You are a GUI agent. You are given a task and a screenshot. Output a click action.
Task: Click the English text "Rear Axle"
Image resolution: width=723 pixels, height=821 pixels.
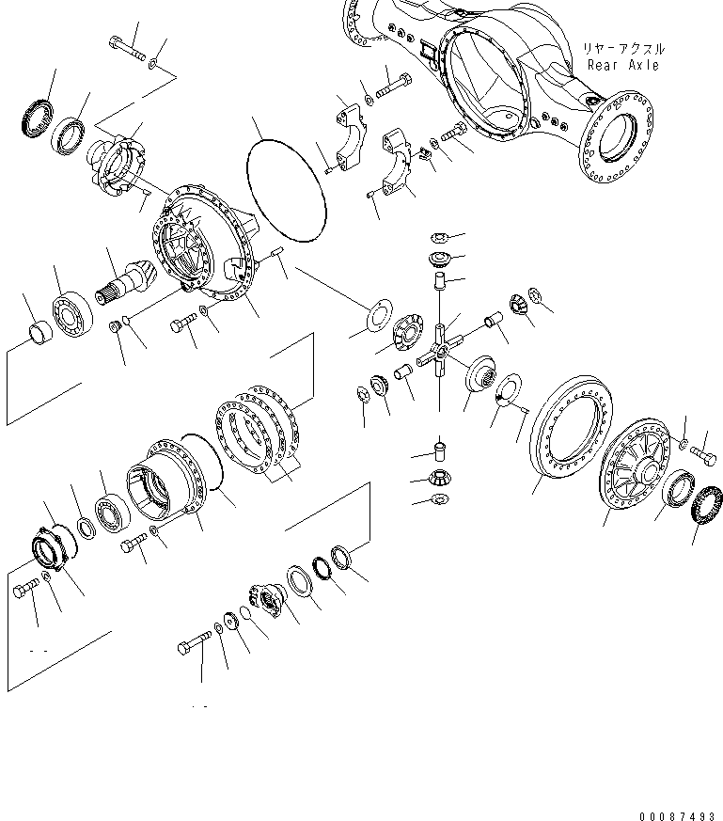pyautogui.click(x=622, y=65)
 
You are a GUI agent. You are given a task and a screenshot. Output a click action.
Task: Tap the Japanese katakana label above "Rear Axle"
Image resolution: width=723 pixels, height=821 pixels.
pyautogui.click(x=622, y=48)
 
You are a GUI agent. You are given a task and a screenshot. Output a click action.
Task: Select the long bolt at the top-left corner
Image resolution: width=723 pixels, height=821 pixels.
pyautogui.click(x=127, y=48)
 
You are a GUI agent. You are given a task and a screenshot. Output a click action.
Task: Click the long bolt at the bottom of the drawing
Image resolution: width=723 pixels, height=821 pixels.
pyautogui.click(x=195, y=647)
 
